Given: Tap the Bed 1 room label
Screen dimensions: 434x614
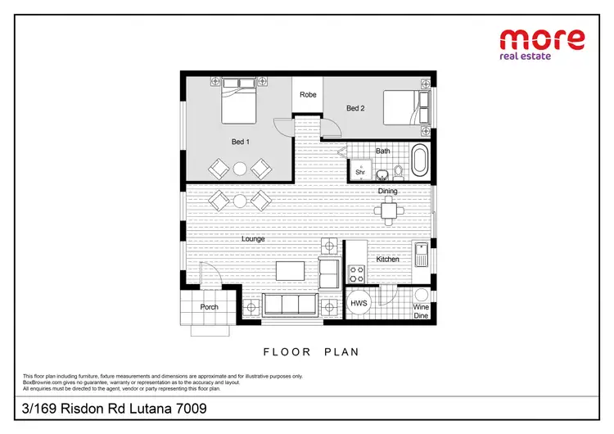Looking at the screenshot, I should (240, 142).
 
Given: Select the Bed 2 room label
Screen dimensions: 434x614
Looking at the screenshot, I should (354, 108).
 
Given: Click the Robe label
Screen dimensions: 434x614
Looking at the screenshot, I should (308, 95).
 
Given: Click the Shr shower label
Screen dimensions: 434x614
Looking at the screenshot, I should (359, 172).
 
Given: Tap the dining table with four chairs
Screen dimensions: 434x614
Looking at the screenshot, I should (388, 210).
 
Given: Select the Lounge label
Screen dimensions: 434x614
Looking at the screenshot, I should (253, 238).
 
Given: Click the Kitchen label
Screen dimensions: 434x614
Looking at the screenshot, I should (387, 260).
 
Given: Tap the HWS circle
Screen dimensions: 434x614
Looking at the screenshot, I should (359, 302).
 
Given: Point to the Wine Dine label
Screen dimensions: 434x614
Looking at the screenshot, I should (421, 312).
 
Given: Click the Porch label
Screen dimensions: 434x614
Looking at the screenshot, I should (209, 307).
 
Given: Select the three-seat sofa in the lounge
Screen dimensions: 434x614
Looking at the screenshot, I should (291, 305).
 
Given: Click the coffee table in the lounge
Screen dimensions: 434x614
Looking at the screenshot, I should (290, 270).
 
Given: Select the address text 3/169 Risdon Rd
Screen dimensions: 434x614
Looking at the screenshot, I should (114, 408).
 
